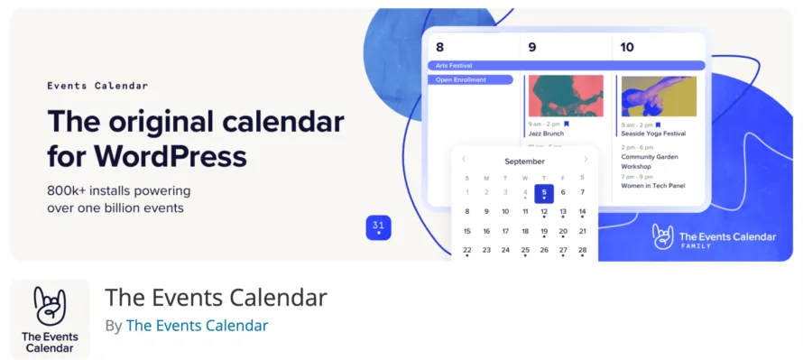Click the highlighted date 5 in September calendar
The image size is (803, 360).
[544, 192]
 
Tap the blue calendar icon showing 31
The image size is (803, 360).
[378, 227]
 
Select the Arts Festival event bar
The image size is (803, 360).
[565, 66]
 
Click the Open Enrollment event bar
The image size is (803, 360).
[470, 80]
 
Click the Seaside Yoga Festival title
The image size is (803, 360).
[653, 134]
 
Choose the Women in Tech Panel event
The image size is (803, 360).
[654, 186]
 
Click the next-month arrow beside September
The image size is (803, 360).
[586, 160]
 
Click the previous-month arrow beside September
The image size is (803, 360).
[464, 160]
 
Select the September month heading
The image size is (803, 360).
[524, 162]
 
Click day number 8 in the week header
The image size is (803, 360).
[439, 47]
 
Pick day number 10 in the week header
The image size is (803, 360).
[627, 47]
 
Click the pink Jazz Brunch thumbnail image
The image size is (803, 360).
[566, 96]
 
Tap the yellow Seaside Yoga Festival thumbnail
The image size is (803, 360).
[659, 96]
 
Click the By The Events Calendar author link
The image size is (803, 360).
[197, 326]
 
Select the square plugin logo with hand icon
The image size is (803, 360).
[50, 319]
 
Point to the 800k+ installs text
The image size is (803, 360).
[118, 191]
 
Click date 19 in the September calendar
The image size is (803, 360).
[544, 231]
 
